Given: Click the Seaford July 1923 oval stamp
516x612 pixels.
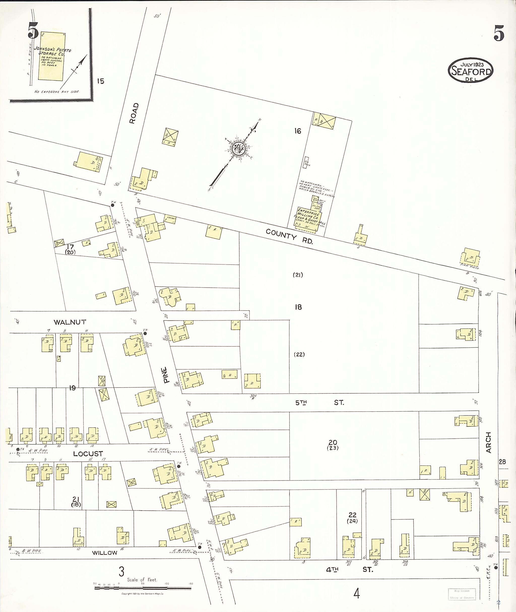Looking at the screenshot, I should click(470, 70).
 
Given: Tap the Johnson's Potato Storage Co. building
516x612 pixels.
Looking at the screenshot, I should click(51, 56).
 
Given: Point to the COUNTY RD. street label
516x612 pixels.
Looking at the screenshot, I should click(289, 236).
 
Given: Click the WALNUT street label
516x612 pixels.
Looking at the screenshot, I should click(70, 322).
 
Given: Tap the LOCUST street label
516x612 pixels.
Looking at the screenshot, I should click(88, 454).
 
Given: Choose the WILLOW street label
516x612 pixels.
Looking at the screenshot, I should click(104, 553).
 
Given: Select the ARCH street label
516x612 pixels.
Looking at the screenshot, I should click(488, 443).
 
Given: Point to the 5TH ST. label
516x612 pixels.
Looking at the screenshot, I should click(319, 403).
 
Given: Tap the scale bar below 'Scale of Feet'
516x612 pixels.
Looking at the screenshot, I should click(143, 588).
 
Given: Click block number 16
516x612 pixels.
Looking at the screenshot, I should click(298, 131).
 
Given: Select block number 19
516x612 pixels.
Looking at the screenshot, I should click(72, 388).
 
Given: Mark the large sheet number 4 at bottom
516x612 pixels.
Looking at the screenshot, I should click(357, 594).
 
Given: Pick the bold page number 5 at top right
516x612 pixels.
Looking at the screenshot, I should click(499, 33).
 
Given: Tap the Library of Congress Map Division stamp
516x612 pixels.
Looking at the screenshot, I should click(462, 594).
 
